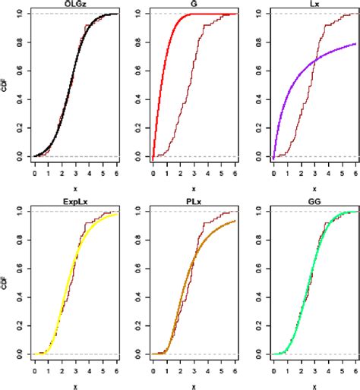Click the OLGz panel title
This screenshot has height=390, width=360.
pyautogui.click(x=77, y=5)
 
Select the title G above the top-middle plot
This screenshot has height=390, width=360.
pyautogui.click(x=194, y=5)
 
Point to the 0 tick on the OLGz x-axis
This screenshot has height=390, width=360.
pyautogui.click(x=35, y=173)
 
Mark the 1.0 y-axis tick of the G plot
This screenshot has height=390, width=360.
pyautogui.click(x=139, y=14)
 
